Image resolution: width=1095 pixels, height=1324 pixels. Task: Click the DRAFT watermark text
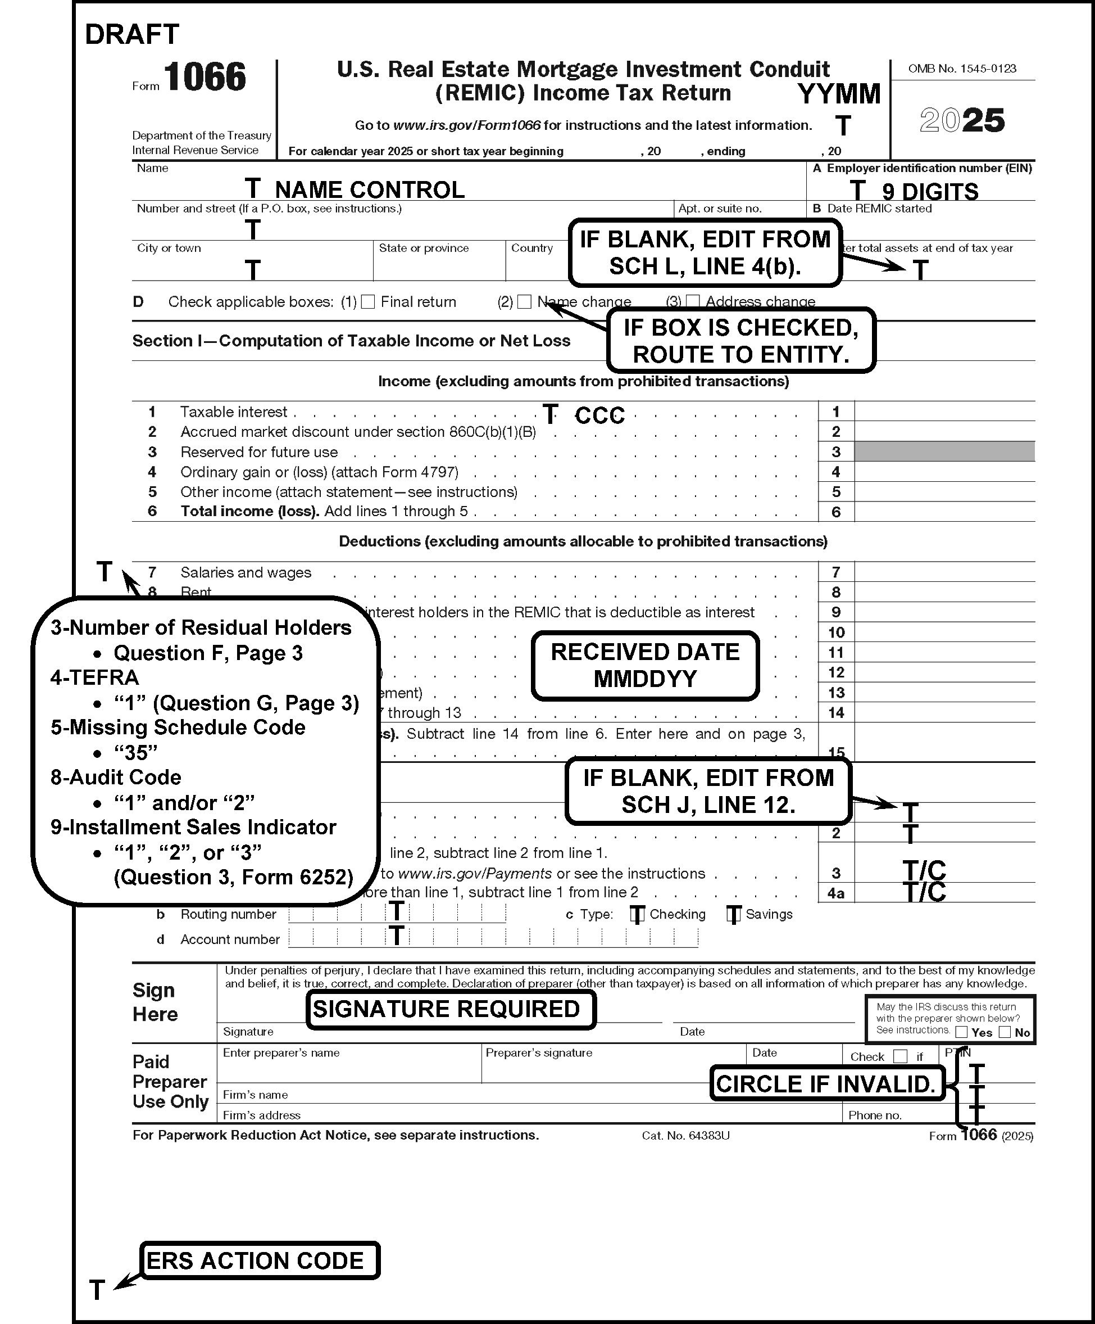coord(131,35)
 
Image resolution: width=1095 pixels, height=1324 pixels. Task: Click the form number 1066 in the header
coord(205,78)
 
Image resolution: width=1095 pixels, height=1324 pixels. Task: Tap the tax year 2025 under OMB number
coord(962,120)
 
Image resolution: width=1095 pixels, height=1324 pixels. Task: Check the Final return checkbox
coord(369,302)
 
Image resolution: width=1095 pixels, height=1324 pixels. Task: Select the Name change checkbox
coord(524,302)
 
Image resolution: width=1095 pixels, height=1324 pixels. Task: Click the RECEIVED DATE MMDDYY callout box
coord(645,666)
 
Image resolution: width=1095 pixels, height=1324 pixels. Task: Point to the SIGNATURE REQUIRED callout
coord(451,1009)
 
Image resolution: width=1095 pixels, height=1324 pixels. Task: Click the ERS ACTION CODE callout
coord(259,1260)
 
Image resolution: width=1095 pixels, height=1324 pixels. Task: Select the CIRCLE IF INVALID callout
coord(826,1084)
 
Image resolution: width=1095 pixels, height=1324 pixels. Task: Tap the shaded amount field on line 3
coord(944,452)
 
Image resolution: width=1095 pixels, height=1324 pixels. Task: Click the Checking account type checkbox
coord(638,914)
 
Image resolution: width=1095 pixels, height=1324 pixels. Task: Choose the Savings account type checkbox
coord(733,914)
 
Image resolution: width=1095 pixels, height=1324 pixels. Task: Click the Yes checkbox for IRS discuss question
coord(961,1032)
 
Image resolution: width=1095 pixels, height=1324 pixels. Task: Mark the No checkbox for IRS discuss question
coord(1005,1032)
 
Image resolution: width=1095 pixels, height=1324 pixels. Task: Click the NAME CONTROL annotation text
coord(370,190)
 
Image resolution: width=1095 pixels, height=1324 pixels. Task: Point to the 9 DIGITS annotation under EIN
coord(930,191)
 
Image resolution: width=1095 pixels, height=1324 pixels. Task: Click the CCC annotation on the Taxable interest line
coord(599,415)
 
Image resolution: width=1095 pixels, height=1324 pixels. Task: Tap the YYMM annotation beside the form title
coord(839,94)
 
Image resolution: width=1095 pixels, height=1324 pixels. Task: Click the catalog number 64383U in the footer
coord(685,1136)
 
